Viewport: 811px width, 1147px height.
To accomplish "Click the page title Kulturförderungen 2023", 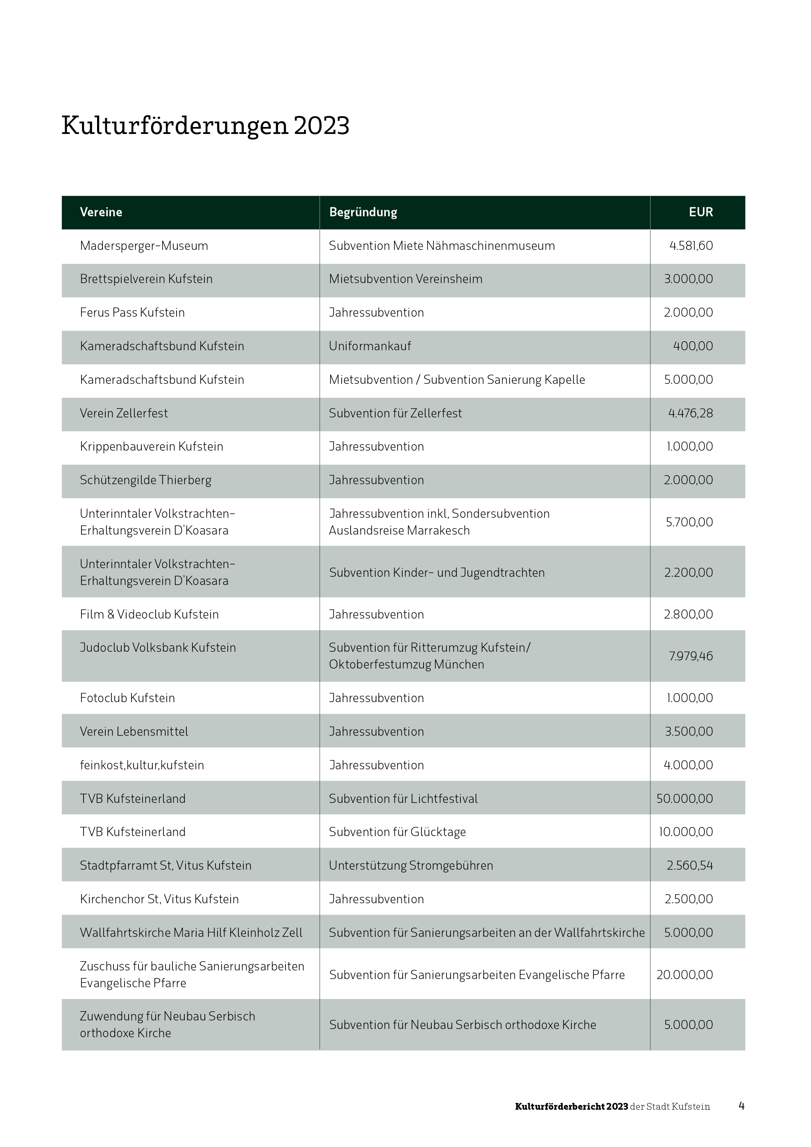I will (205, 125).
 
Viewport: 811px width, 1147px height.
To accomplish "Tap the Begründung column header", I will (363, 212).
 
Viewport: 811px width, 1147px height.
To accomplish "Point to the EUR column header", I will (701, 212).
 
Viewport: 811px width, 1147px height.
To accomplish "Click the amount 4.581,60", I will (691, 246).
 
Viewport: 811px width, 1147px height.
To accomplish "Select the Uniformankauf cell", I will (370, 346).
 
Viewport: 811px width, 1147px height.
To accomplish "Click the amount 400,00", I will (693, 346).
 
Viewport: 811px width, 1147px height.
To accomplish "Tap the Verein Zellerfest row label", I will (124, 413).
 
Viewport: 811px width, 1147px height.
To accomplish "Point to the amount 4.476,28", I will (690, 413).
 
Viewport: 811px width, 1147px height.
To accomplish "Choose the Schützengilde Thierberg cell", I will (145, 480).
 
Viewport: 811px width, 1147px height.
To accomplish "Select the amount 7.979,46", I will (691, 656).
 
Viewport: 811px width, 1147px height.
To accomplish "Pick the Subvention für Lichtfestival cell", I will (403, 799).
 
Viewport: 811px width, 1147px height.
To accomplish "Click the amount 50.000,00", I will (684, 799).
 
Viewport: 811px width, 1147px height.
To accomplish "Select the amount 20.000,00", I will (684, 975).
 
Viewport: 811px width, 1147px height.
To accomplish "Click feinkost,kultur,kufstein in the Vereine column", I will (142, 765).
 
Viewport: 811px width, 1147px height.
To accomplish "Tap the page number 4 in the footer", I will (741, 1106).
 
